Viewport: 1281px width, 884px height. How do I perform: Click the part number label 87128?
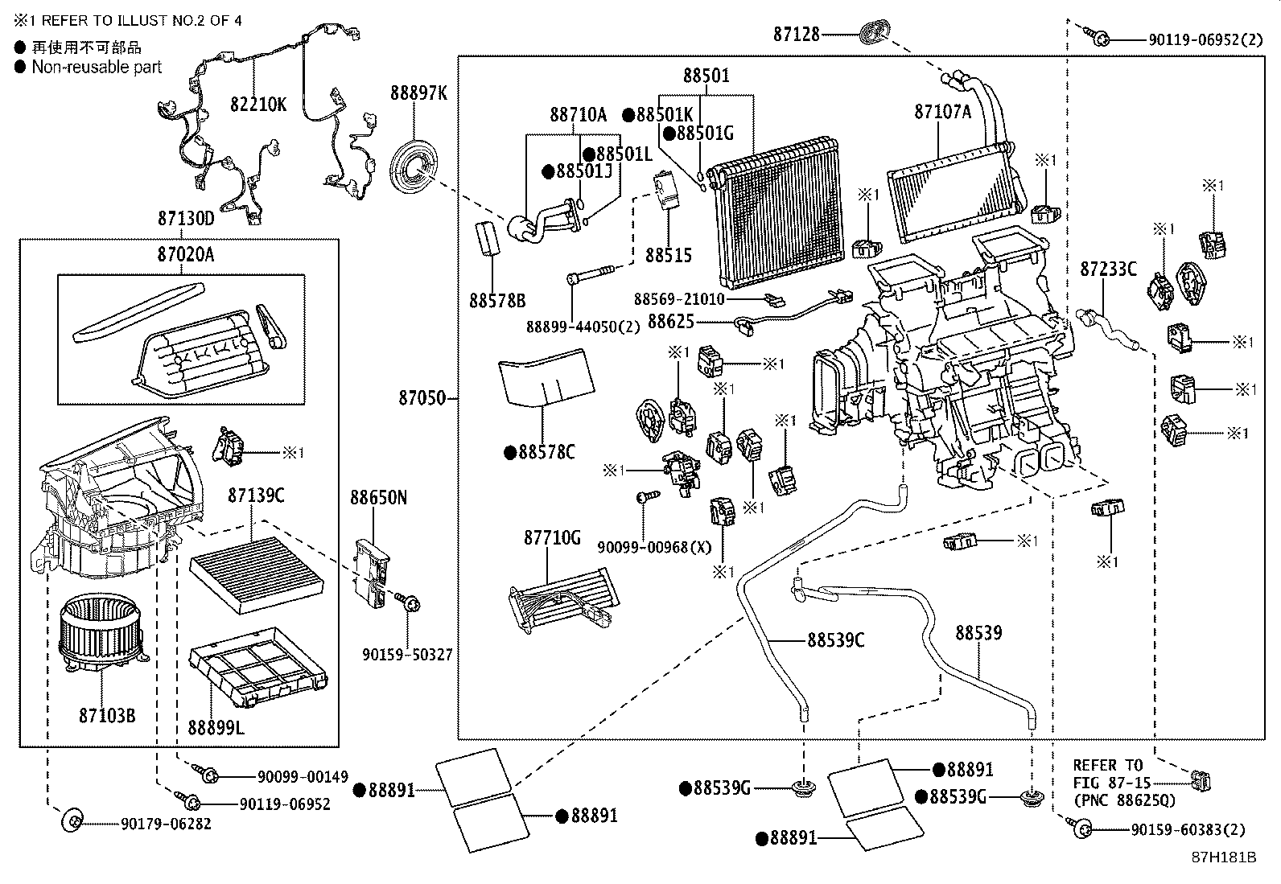797,34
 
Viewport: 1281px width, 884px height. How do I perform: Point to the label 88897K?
418,93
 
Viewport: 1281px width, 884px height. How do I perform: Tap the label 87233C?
1108,269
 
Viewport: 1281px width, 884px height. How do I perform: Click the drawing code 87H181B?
1223,857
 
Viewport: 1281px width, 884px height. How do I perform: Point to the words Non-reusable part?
97,68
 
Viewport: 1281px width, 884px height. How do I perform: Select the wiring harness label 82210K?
257,105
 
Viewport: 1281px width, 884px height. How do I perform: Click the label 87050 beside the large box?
422,397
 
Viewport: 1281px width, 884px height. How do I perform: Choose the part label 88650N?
377,498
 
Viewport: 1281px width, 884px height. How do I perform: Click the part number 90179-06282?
166,824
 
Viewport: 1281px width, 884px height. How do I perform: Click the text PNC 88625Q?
1124,800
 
